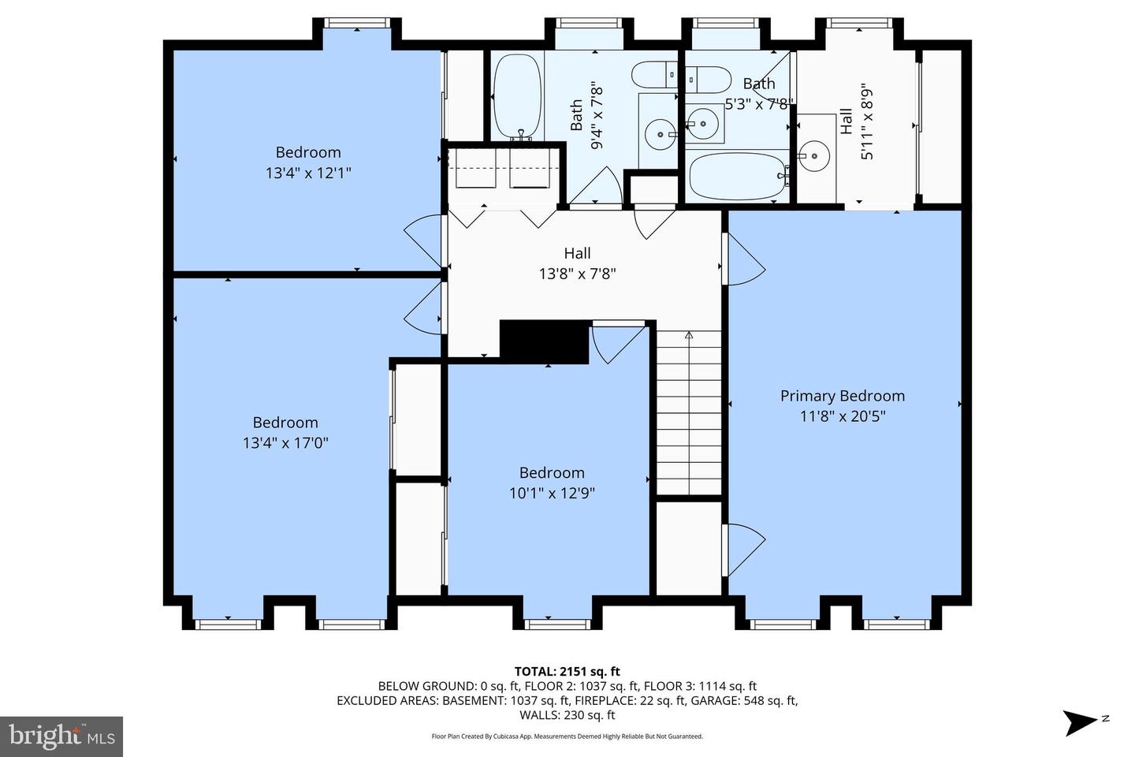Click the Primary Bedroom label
(x=842, y=396)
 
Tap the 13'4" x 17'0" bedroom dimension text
(x=285, y=443)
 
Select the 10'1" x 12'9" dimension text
(x=552, y=493)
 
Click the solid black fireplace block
(x=545, y=341)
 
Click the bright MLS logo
(x=61, y=736)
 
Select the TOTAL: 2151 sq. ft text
(x=567, y=671)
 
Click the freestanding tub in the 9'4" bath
(x=517, y=96)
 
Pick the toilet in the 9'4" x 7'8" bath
(x=655, y=75)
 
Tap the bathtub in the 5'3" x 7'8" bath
(x=737, y=176)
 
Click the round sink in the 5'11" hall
(x=814, y=155)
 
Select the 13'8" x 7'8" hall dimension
(x=577, y=274)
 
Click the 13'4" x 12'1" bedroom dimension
(x=308, y=173)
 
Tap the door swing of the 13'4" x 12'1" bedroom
(x=423, y=241)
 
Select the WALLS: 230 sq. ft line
(x=567, y=715)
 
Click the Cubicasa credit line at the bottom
(x=567, y=736)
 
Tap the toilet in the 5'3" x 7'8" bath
(x=709, y=80)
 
